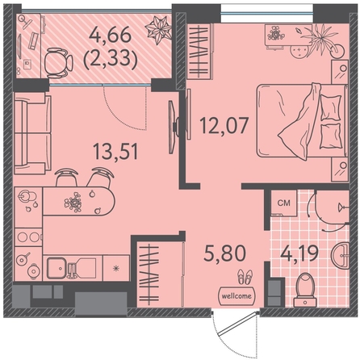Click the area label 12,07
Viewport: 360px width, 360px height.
(224, 126)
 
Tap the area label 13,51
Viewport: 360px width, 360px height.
(115, 151)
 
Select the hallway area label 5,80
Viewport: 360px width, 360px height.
(225, 253)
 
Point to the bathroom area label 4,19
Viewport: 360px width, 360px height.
(299, 253)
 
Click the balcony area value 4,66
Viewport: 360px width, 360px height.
(111, 35)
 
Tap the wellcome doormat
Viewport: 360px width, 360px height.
(237, 296)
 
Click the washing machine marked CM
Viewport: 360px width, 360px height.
(283, 203)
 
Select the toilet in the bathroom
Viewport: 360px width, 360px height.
(305, 290)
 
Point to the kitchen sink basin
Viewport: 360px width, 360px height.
(57, 268)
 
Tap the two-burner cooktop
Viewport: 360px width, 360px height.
(28, 237)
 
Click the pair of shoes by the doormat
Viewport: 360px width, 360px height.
(245, 277)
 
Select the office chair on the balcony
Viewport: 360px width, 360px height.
(58, 63)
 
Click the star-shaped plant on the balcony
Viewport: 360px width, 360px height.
(158, 29)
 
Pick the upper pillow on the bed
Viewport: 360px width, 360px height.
(330, 107)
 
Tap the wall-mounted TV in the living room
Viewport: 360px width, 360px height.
(172, 127)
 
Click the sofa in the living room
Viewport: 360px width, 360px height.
(32, 133)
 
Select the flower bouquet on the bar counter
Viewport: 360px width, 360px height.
(73, 202)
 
